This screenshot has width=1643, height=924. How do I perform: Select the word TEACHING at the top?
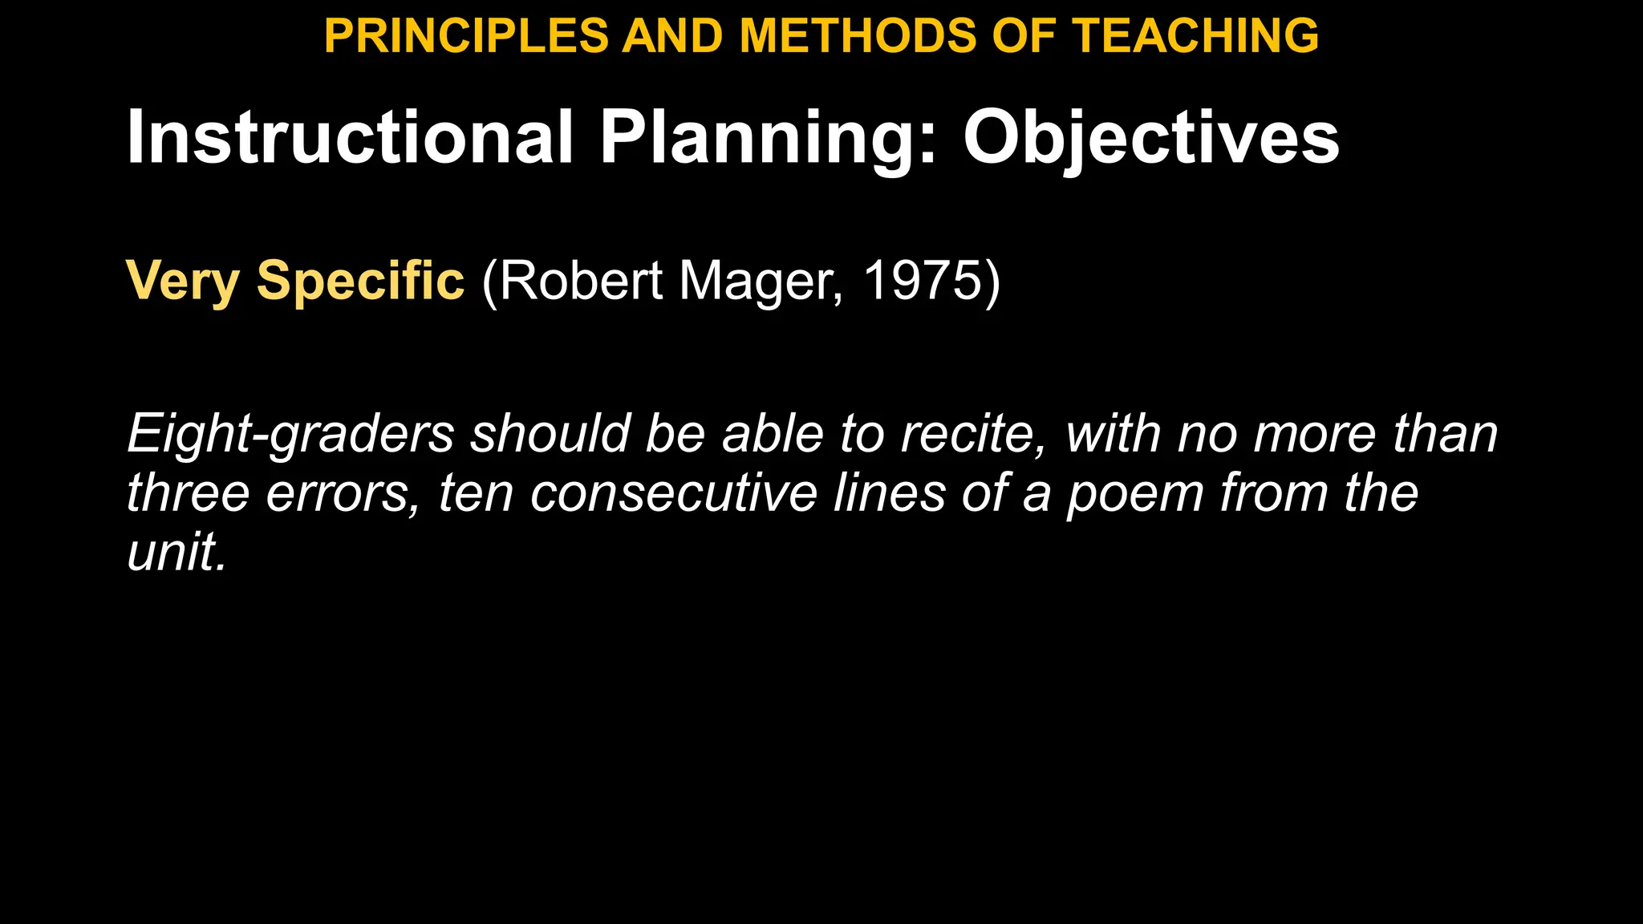click(x=1195, y=36)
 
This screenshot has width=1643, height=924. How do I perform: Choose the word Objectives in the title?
click(x=1151, y=138)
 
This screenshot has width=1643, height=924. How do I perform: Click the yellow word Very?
click(x=183, y=282)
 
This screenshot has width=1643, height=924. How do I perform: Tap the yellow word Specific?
click(x=360, y=282)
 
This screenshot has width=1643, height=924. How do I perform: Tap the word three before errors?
click(x=188, y=492)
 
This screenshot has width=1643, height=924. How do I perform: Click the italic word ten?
click(x=476, y=492)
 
